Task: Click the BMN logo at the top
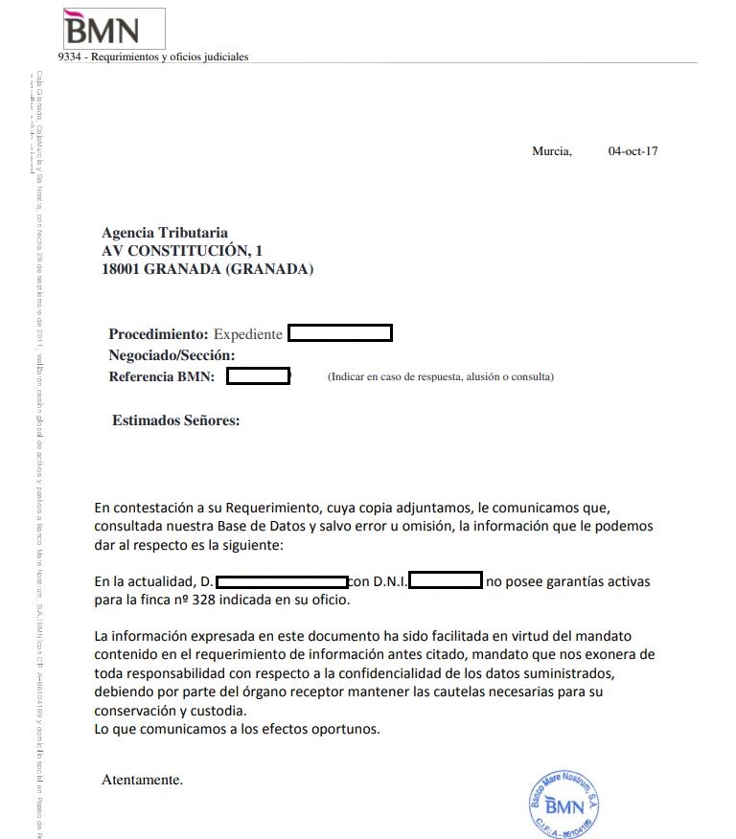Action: click(101, 29)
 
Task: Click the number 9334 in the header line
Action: click(69, 57)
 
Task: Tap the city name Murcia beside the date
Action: click(551, 151)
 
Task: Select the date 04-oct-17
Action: click(632, 151)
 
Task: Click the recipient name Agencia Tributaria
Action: click(165, 233)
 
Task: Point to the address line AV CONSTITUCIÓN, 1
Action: click(182, 251)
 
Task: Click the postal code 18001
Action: click(121, 269)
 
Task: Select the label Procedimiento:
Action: click(158, 334)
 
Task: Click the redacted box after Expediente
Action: click(340, 334)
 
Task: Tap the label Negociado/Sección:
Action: click(172, 355)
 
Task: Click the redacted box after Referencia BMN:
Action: click(258, 376)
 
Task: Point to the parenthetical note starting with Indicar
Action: click(440, 377)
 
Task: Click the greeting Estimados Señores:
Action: click(175, 419)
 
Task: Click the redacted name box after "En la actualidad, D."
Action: click(282, 580)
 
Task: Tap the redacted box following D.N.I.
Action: click(445, 580)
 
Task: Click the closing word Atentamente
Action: click(142, 780)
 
